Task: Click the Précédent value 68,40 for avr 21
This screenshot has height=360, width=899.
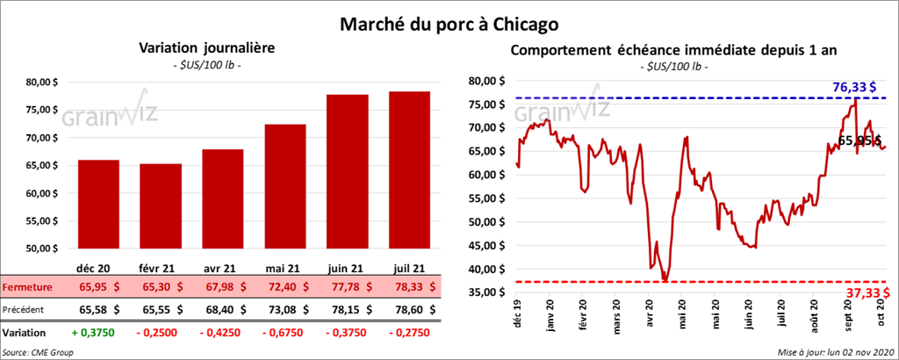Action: tap(223, 309)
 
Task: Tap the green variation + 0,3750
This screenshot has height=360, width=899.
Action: tap(98, 334)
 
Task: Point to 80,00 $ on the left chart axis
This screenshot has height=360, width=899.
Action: tap(43, 83)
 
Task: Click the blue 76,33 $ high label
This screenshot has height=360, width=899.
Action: tap(858, 87)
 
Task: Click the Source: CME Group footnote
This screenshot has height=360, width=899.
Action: tap(38, 352)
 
